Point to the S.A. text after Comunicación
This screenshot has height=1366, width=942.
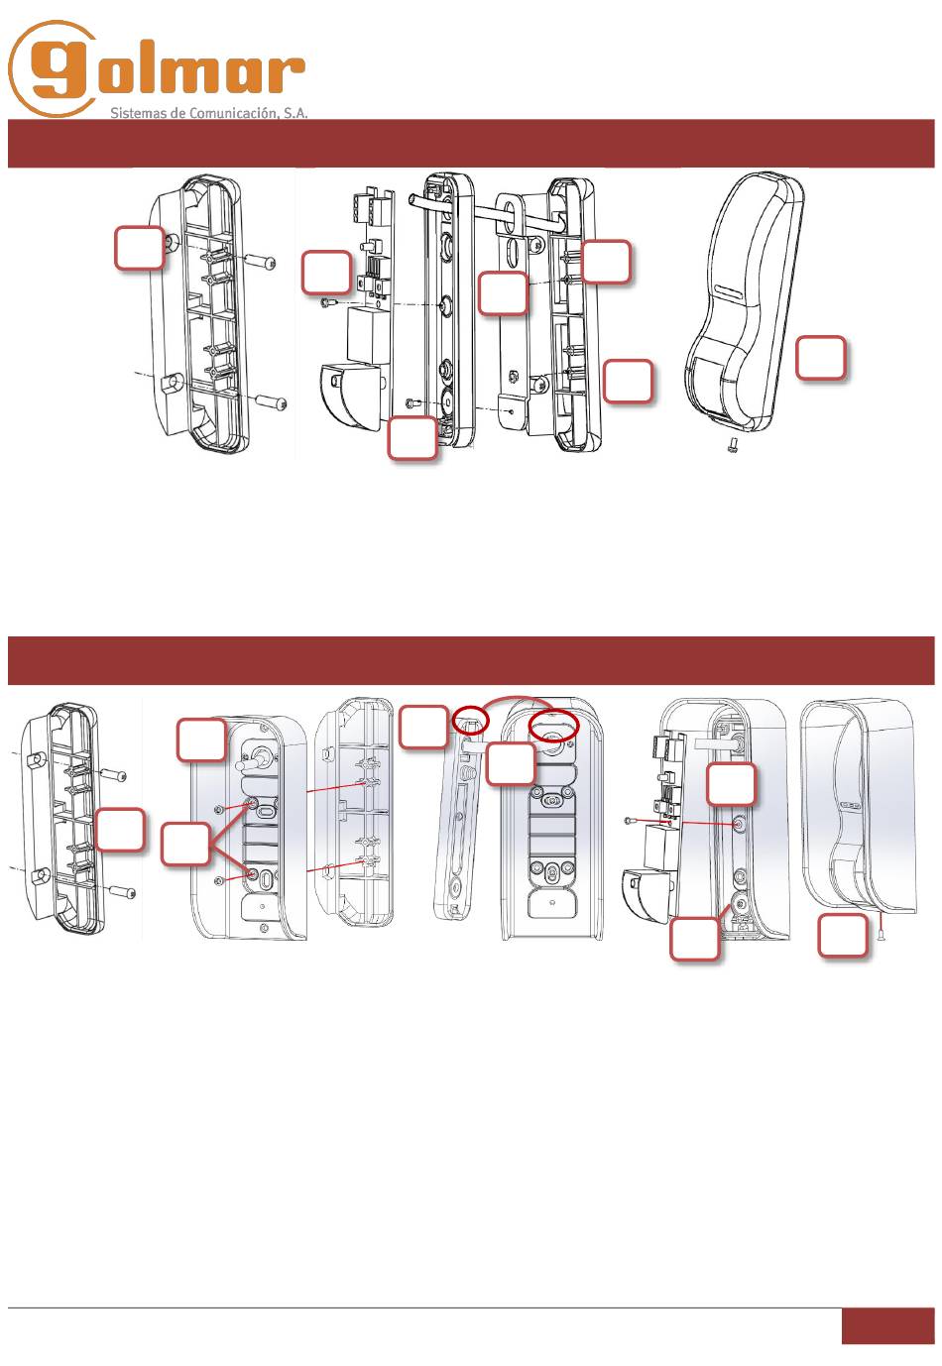294,113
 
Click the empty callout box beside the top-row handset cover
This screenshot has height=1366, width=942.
821,358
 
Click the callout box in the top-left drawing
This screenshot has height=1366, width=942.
140,248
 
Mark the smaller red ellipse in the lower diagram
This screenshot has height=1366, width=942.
471,723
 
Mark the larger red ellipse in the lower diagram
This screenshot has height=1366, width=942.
552,726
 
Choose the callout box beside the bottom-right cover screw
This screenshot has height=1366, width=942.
843,936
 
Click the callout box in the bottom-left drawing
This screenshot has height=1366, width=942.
120,830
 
